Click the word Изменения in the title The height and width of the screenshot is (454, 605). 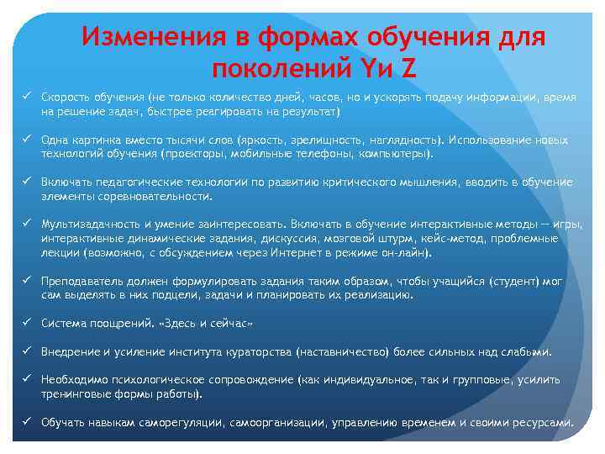[154, 38]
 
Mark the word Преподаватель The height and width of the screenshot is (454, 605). [85, 282]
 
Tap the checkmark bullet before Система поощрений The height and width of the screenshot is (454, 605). [27, 323]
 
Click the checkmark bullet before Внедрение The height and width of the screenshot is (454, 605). [27, 351]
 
